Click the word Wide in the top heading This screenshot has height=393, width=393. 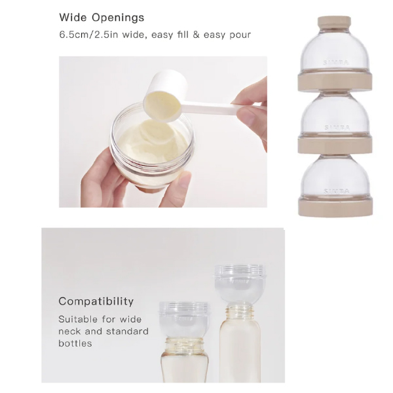(x=73, y=17)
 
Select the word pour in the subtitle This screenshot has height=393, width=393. (x=240, y=35)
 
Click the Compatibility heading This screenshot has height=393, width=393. (x=96, y=301)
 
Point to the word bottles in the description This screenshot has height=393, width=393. (x=75, y=343)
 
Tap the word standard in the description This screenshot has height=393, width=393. (x=127, y=331)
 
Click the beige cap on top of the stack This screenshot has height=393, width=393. (x=334, y=23)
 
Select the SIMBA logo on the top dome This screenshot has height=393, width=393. (x=336, y=63)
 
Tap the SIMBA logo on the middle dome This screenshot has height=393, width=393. (x=337, y=128)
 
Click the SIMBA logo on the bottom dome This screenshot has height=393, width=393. (x=337, y=191)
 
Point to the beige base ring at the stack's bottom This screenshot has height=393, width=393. (x=335, y=206)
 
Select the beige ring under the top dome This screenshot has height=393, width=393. (x=335, y=81)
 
